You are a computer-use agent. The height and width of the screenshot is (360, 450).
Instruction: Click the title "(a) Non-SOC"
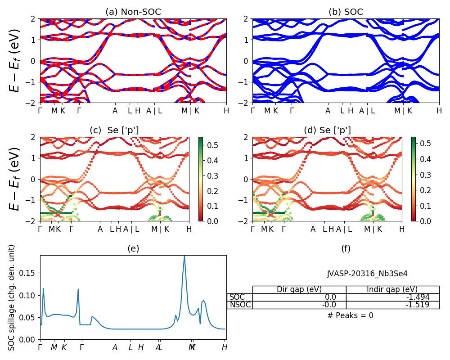(133, 12)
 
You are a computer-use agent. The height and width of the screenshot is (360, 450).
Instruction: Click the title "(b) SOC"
(346, 12)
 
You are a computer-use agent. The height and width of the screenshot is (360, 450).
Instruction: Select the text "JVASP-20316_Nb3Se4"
(367, 274)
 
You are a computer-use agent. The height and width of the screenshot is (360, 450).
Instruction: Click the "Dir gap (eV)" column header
(299, 289)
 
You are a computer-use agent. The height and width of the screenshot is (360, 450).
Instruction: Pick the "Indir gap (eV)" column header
(392, 289)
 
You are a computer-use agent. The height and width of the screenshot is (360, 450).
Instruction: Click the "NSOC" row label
(239, 305)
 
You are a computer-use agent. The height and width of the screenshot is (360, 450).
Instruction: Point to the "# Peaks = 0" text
(350, 315)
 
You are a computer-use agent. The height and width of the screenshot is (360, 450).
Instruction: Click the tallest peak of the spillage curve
(184, 256)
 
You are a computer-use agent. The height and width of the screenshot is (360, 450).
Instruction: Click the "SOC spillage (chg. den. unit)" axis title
(12, 297)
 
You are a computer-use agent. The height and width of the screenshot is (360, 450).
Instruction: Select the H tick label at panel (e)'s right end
(224, 347)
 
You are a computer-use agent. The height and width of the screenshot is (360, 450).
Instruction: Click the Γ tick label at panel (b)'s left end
(253, 111)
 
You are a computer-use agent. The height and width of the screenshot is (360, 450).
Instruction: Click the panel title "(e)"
(133, 248)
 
